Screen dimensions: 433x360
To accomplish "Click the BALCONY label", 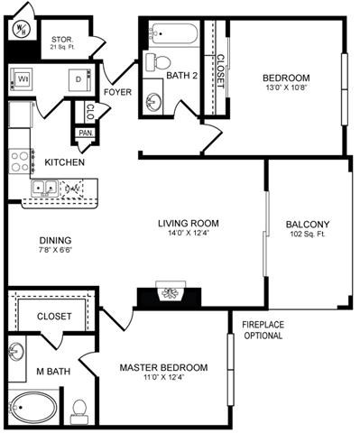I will coord(307,226).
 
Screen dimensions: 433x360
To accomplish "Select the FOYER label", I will coord(117,92).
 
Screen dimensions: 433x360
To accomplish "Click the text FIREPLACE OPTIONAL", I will coord(263,329).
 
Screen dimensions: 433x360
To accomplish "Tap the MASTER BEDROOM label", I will coord(164,367).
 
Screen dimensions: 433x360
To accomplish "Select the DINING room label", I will coord(55,241).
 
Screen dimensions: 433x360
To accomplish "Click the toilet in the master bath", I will coord(79,408).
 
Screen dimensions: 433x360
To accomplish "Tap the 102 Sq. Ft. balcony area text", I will coord(307,237).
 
